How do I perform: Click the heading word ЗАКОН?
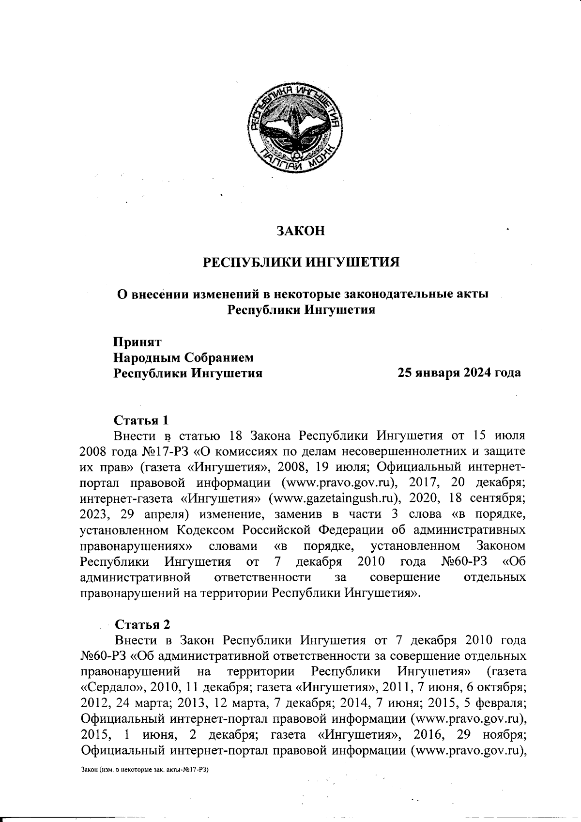(300, 231)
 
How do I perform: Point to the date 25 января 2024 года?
(459, 373)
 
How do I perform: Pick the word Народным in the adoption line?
(146, 357)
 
